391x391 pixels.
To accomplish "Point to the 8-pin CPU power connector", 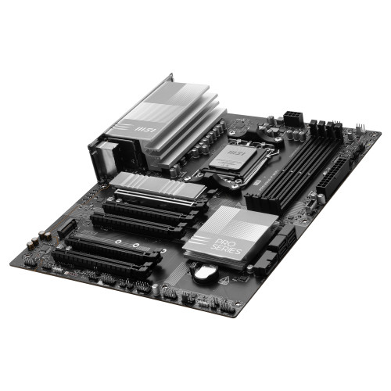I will (293, 117).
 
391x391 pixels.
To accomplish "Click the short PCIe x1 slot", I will (66, 228).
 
